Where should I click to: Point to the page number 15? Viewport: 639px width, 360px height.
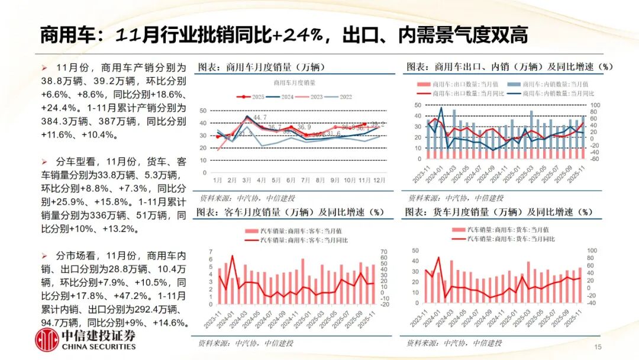pos(597,347)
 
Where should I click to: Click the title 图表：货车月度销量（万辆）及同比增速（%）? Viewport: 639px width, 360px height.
pos(499,211)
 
